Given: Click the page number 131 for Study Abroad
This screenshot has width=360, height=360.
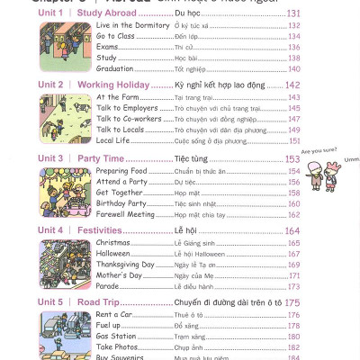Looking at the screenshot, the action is [293, 13].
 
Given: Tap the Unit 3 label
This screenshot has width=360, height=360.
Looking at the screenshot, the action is [50, 158].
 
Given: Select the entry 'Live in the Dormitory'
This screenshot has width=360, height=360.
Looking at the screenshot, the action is [132, 25].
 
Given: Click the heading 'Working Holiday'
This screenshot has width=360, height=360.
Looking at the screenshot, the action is [113, 85].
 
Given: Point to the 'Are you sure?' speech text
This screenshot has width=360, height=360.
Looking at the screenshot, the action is [318, 152].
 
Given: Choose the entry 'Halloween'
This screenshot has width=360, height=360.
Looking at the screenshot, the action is [112, 254].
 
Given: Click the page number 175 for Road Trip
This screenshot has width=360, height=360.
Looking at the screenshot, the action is [292, 302].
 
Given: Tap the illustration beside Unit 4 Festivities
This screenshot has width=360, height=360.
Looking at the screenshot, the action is [65, 264].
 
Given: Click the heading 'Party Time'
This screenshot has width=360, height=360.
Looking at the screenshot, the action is [101, 158].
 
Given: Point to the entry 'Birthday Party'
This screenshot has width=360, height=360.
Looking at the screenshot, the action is [121, 203].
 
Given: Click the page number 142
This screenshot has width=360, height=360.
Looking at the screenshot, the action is [292, 85].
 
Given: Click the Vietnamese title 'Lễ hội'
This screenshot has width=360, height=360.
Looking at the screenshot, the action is [185, 231].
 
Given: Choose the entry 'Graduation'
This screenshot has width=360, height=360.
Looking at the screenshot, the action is [114, 68].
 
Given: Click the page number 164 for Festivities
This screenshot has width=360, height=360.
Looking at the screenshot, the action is [292, 231].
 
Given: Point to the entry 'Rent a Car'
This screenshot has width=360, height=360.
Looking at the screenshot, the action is [114, 315].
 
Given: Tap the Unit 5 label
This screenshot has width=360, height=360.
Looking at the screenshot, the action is [50, 302].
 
